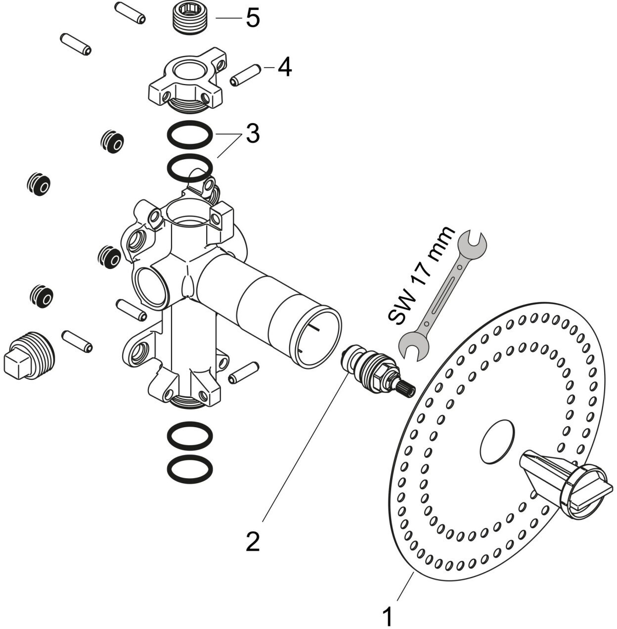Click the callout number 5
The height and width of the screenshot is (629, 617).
tap(253, 18)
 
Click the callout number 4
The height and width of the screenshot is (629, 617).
tap(285, 68)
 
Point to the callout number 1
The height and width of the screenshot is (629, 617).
tap(388, 616)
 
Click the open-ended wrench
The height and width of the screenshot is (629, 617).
tap(442, 296)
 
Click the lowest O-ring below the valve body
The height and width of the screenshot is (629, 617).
tap(190, 470)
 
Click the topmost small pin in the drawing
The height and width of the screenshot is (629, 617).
tap(130, 13)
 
